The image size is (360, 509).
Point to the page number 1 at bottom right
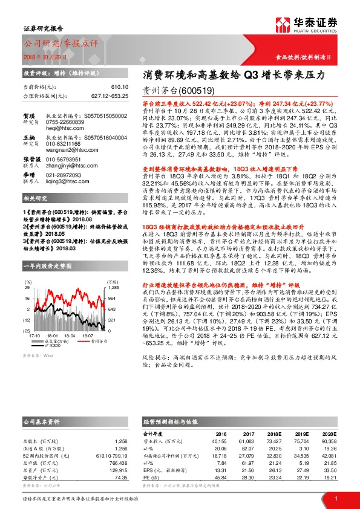tap(335, 498)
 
